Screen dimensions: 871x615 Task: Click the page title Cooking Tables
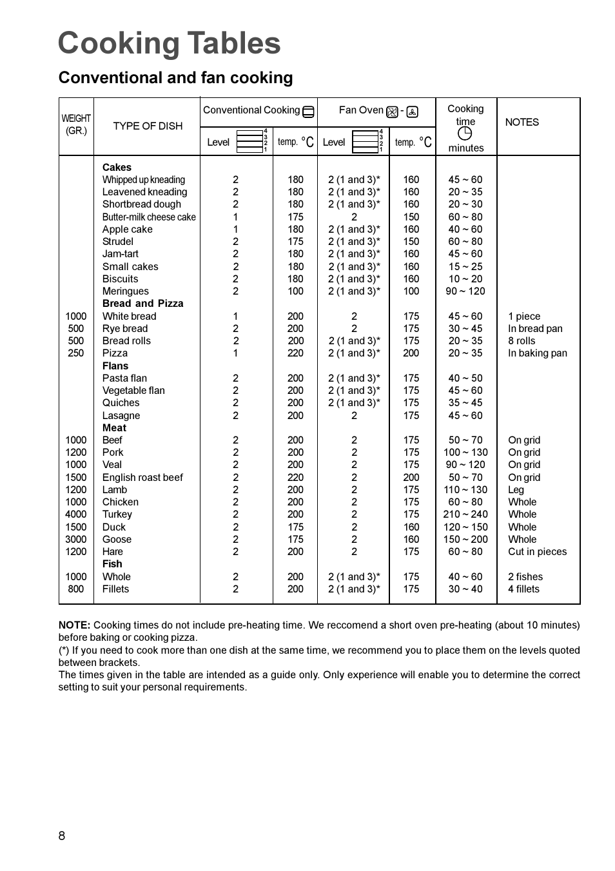coord(170,44)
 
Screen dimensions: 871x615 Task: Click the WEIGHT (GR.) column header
coord(76,124)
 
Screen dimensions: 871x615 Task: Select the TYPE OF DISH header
coord(148,126)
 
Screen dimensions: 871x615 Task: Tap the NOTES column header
coord(522,122)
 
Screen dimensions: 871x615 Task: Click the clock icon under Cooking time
coord(465,133)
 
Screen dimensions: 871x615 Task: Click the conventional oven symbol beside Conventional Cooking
coord(309,112)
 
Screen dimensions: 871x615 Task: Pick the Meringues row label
coord(125,291)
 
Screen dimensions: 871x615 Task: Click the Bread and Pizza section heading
coord(142,304)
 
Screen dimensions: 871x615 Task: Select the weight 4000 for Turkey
coord(75,514)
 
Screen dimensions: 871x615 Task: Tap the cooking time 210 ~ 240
coord(465,514)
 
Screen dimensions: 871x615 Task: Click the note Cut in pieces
coord(537,552)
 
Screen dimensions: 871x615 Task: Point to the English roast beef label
coord(142,478)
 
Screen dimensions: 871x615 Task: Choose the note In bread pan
coord(535,329)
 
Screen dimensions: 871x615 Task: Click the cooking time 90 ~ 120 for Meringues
coord(465,291)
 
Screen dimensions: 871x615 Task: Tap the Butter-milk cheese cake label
coord(149,217)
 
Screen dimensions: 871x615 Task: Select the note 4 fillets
coord(523,589)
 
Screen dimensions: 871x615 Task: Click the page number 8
coord(62,836)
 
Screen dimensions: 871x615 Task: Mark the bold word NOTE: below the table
coord(74,625)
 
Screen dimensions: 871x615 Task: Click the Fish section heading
coord(112,564)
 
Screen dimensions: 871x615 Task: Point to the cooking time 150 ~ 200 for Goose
coord(465,540)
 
